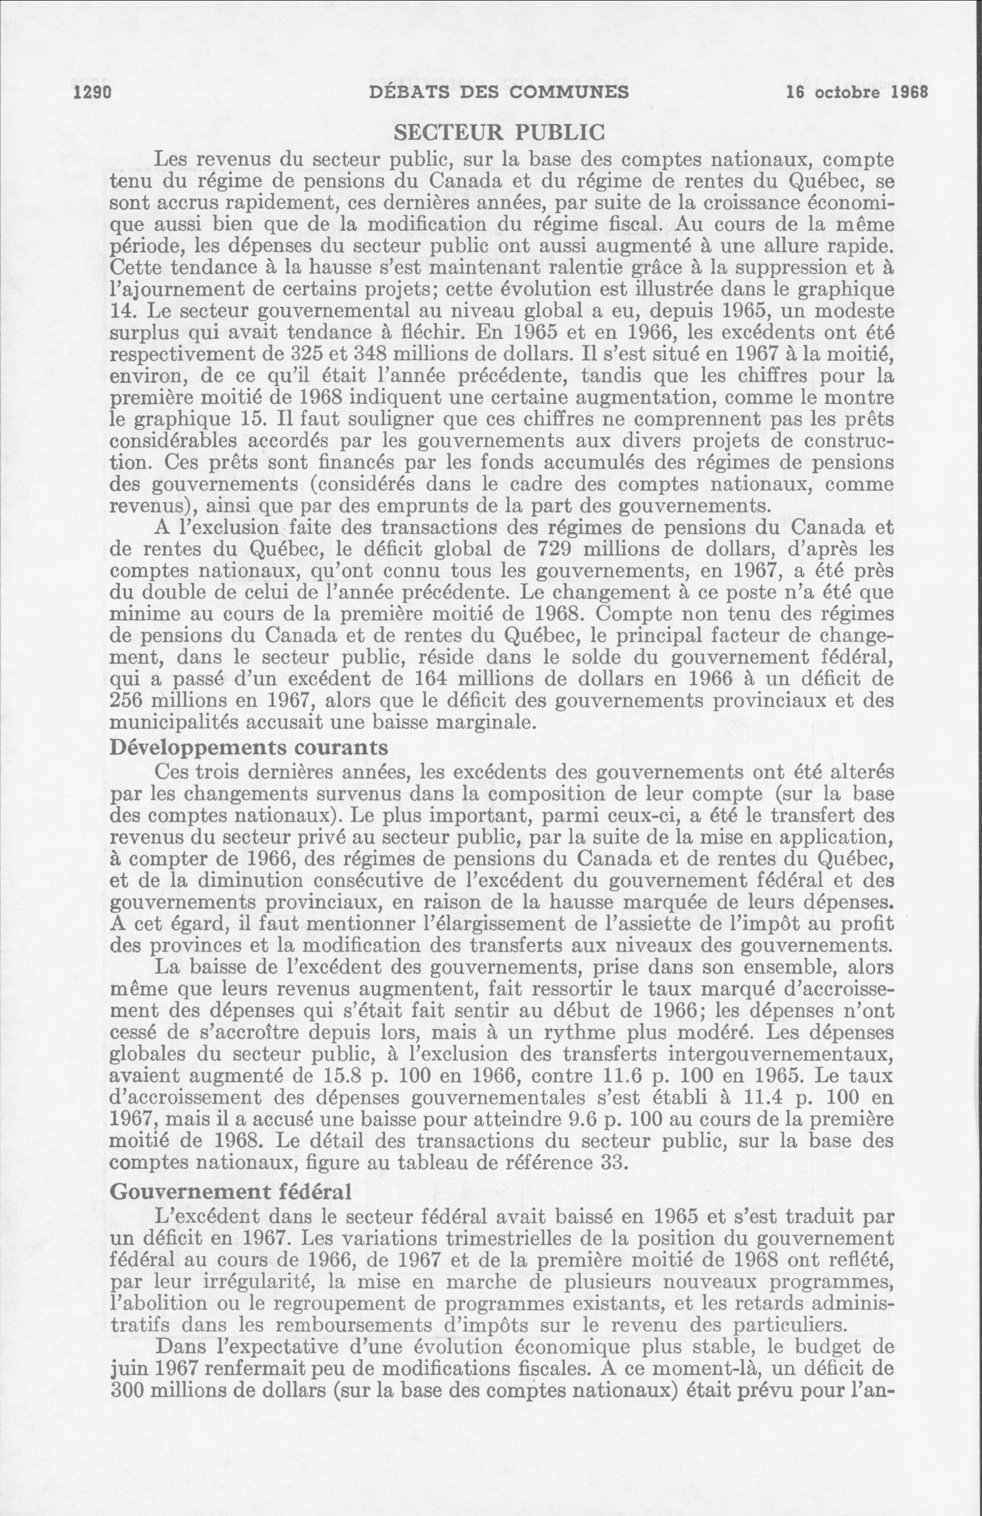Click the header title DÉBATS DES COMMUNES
click(499, 92)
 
